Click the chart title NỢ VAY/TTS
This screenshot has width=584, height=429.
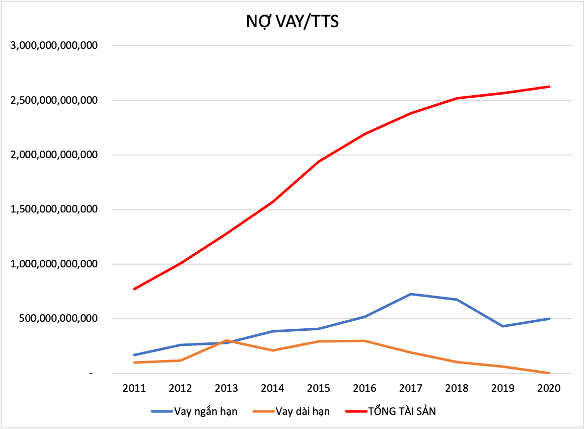coord(292,22)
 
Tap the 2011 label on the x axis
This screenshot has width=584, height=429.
coord(134,388)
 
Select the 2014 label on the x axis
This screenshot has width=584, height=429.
coord(272,388)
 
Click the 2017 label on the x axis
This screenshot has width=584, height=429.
coord(411,388)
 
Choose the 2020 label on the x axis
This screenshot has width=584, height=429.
coord(549,388)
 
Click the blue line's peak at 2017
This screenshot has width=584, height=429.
coord(411,294)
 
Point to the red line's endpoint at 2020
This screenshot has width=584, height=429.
coord(549,87)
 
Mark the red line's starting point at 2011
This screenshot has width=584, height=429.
coord(134,289)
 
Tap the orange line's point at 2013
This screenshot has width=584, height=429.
coord(227,341)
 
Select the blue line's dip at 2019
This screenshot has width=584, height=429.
coord(503,326)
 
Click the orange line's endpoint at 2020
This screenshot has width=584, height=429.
coord(549,373)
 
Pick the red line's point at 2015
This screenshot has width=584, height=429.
coord(319,162)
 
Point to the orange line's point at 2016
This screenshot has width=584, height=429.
coord(364,341)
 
